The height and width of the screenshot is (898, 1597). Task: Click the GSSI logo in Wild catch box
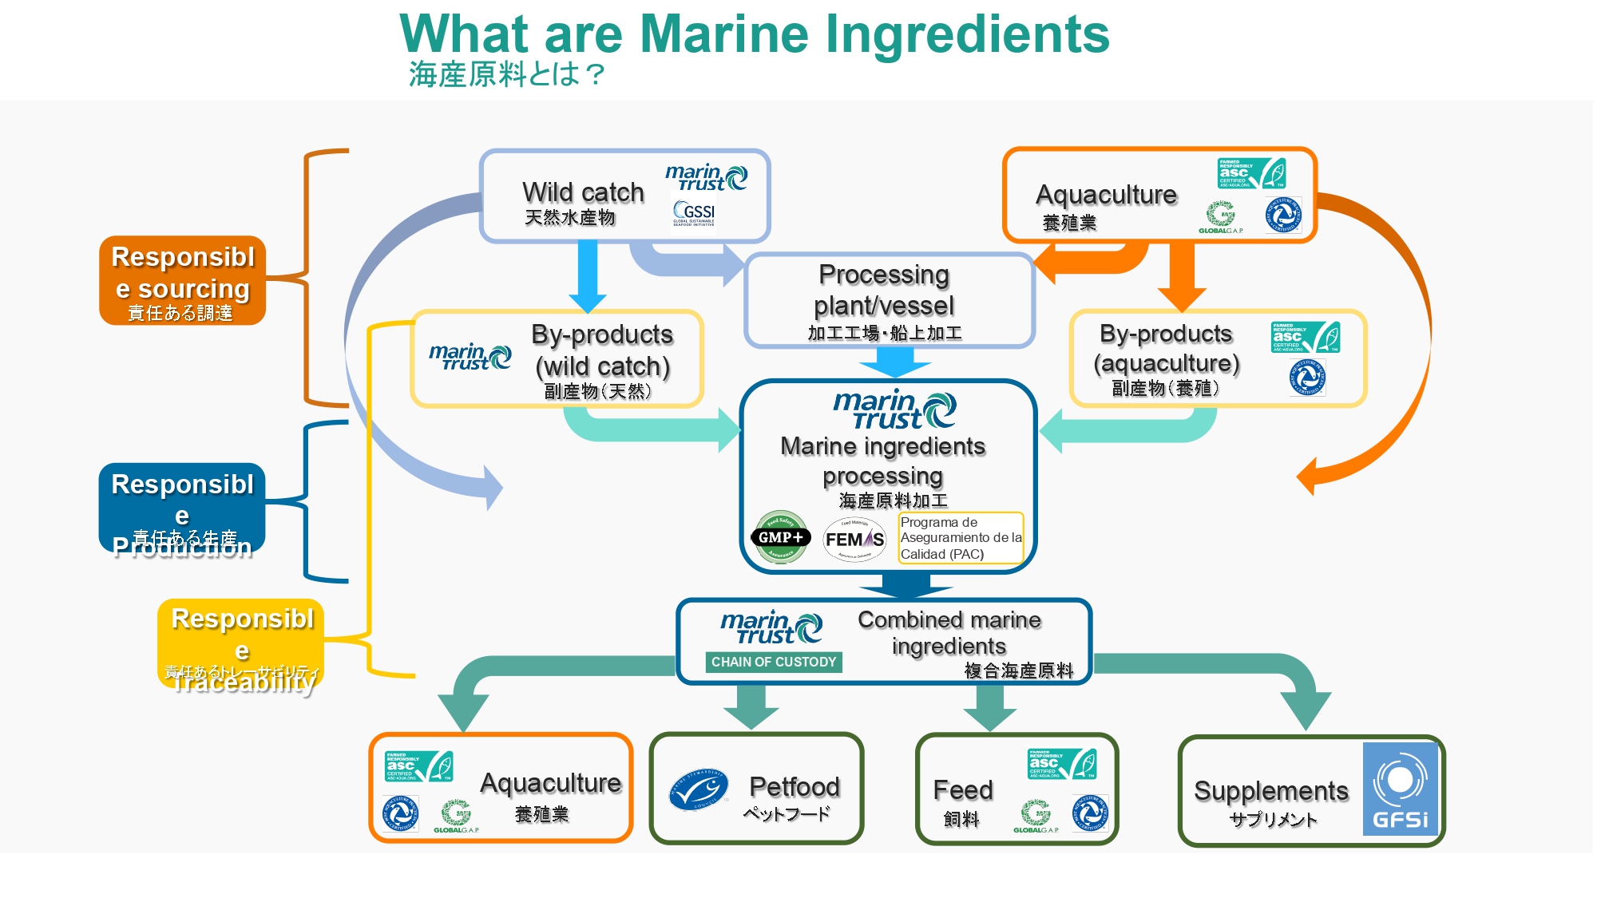tap(694, 213)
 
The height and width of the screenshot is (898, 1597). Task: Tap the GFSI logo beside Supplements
tap(1400, 789)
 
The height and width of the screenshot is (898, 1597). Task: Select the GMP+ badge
tap(780, 537)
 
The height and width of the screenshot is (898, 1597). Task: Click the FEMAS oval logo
tap(854, 539)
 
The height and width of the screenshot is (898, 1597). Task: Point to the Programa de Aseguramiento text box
tap(961, 538)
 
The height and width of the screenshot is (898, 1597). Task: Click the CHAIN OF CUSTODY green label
tap(773, 662)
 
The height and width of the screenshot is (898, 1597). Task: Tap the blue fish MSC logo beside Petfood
tap(699, 790)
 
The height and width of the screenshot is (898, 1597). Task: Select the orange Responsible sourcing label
tap(182, 280)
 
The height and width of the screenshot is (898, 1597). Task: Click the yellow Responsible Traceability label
tap(241, 644)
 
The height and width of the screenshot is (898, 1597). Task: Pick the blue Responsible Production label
tap(182, 508)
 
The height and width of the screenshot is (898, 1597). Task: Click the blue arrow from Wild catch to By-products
tap(588, 275)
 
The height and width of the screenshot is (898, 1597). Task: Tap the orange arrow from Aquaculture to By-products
tap(1182, 276)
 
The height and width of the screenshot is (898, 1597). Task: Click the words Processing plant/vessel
tap(884, 290)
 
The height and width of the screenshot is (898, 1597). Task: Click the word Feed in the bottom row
tap(963, 789)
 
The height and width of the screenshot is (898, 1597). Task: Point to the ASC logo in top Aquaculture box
tap(1250, 173)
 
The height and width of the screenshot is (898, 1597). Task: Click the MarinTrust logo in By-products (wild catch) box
tap(470, 357)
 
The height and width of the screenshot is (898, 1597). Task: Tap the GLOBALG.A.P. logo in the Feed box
tap(1036, 817)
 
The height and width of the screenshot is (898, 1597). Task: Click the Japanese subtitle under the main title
tap(506, 74)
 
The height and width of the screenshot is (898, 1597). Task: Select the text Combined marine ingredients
tap(949, 632)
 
